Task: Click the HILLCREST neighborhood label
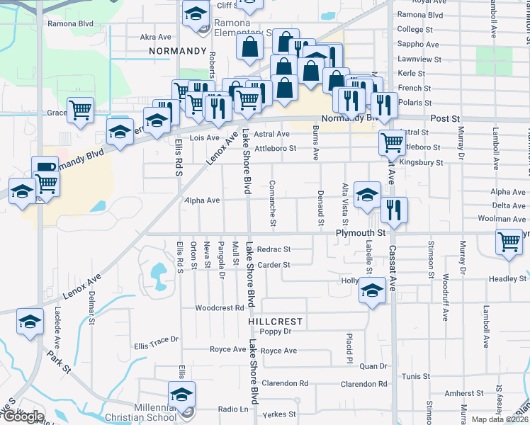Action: pos(276,321)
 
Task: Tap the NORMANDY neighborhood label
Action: pos(177,52)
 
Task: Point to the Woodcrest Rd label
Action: pos(220,308)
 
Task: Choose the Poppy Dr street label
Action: pos(276,331)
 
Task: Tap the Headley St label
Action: pos(508,278)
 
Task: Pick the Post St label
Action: pos(445,120)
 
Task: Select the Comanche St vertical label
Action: pos(273,203)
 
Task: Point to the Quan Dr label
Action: pos(373,366)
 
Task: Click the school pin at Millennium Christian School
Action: pos(181,395)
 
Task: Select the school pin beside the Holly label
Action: pos(372,290)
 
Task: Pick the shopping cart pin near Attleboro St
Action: pos(392,142)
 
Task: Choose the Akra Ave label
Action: pos(156,37)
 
